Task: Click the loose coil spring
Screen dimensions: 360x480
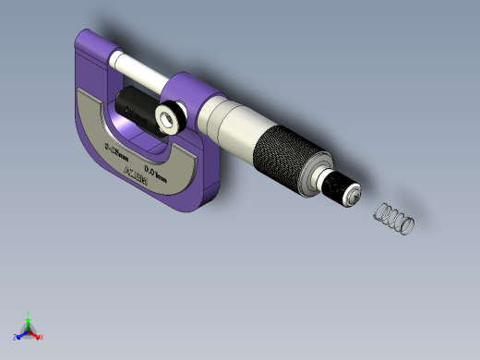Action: [394, 219]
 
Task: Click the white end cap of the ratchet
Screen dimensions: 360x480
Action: [351, 195]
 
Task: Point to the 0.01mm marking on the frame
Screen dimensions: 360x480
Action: [157, 169]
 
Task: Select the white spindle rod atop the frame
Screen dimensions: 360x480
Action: [138, 67]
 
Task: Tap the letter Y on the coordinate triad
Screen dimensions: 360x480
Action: [30, 313]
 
